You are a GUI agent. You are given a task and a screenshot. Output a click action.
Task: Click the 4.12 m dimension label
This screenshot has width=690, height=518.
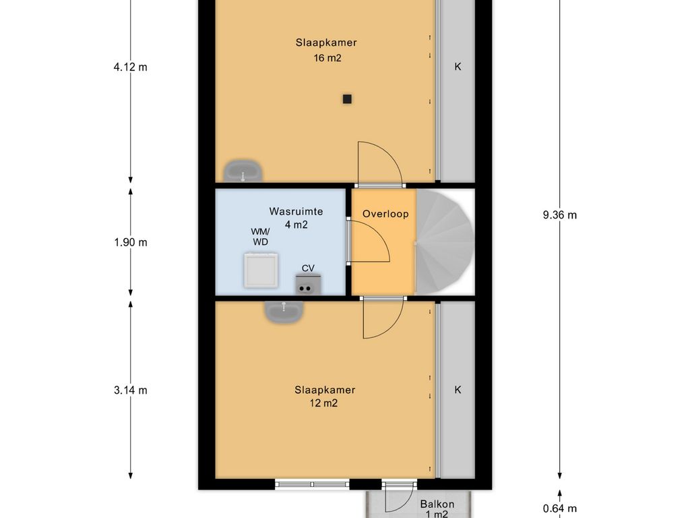coord(130,67)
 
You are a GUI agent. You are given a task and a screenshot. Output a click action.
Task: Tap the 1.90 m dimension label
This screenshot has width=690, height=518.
coord(131,243)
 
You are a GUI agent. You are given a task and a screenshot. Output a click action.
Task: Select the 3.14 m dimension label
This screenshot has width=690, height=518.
coord(131,391)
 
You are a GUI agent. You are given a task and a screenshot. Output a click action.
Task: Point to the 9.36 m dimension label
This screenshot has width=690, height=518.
coord(560,215)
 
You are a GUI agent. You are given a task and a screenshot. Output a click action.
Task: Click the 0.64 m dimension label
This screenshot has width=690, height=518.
coord(560,509)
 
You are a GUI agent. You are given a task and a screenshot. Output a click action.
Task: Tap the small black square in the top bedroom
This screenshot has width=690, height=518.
coord(347,99)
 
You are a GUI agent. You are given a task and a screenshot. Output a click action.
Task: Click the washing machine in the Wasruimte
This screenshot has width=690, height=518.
coord(261,270)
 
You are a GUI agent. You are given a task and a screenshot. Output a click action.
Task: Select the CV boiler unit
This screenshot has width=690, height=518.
coord(308,284)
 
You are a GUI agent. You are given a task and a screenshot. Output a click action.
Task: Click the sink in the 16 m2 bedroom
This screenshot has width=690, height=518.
coord(243,172)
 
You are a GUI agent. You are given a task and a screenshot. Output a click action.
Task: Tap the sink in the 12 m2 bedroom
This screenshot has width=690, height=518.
coord(284,311)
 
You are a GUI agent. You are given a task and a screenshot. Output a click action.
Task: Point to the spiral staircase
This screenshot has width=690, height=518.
coord(445,242)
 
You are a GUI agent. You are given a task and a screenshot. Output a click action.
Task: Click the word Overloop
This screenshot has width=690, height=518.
coord(385,214)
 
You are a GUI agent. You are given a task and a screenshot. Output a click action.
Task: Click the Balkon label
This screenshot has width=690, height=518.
coord(437,505)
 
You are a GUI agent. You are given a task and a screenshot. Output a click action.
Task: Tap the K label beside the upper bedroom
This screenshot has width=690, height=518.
coord(458,67)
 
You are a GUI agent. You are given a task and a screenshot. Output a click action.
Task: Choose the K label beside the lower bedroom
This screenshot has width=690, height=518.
coord(458,390)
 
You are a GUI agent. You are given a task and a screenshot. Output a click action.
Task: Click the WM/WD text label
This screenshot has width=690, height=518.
coord(260,237)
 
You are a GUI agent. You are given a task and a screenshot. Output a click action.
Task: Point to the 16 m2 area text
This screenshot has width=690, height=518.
coord(327,58)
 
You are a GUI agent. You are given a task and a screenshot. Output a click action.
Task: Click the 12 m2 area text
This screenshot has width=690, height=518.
coord(323,403)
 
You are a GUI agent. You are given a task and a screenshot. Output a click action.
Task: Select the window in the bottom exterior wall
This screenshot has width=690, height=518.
coord(312,484)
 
